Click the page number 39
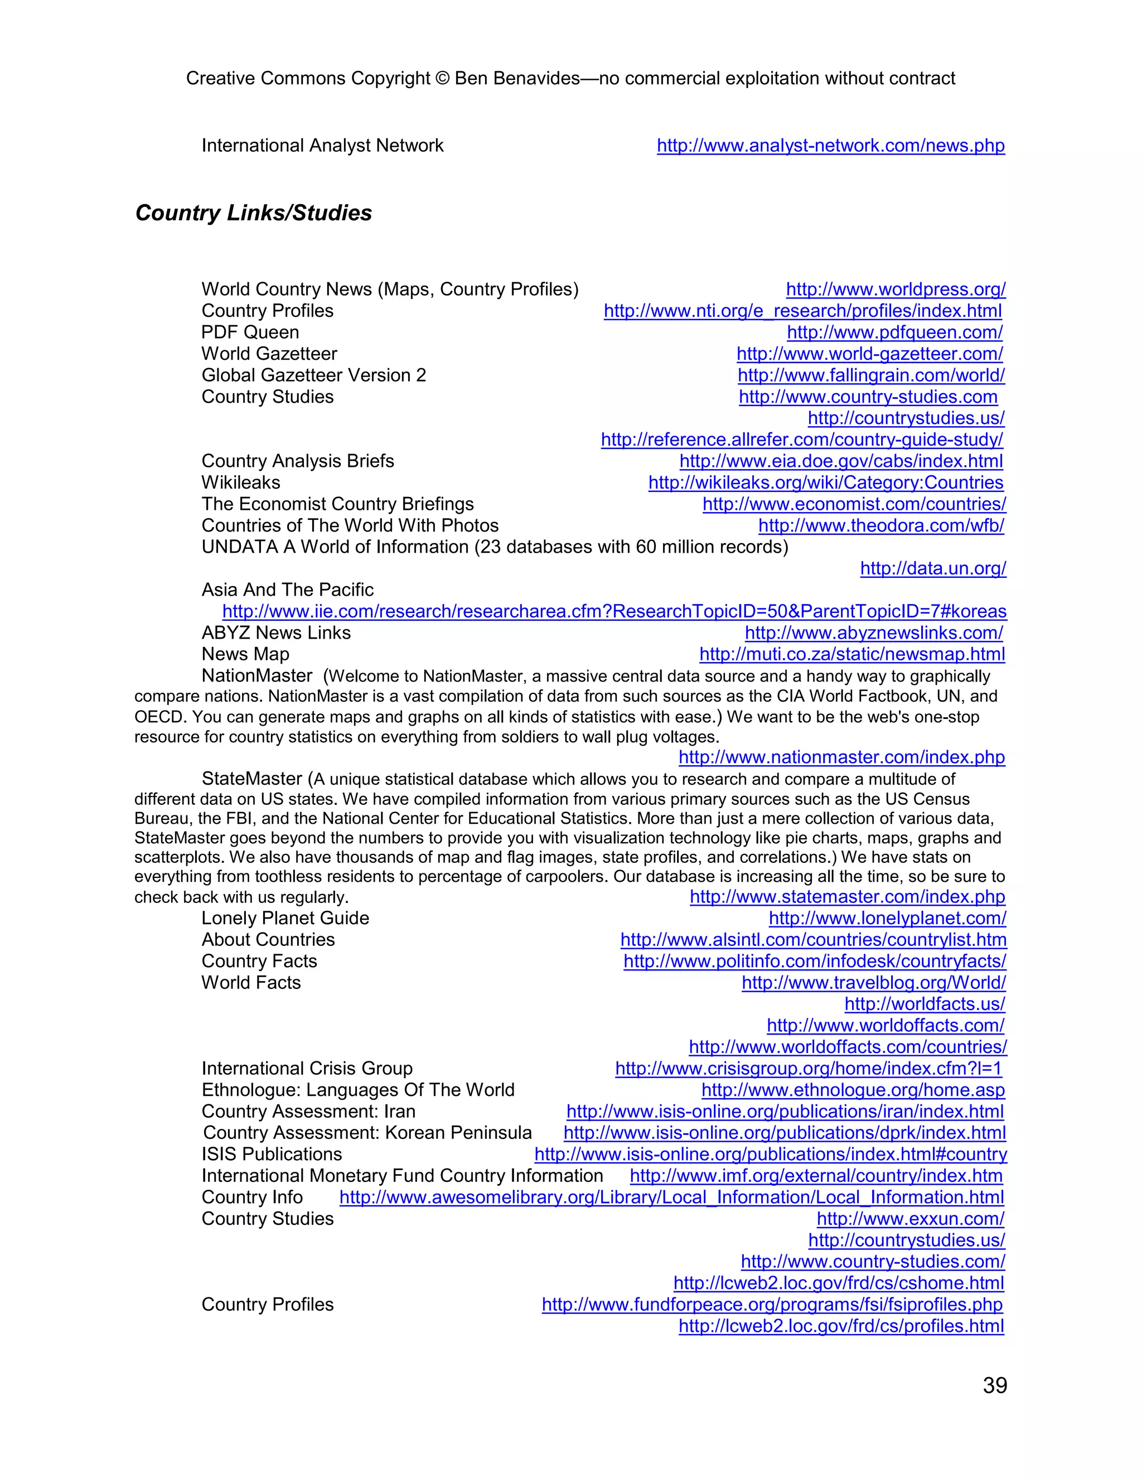tap(995, 1385)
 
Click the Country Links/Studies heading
tap(254, 212)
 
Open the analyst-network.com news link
tap(831, 146)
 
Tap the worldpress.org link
tap(896, 289)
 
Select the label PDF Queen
tap(250, 332)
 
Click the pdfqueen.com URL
tap(894, 332)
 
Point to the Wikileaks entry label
tap(240, 482)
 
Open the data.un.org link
tap(933, 568)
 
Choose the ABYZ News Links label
tap(276, 633)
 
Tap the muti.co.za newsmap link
tap(852, 654)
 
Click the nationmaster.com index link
tap(841, 757)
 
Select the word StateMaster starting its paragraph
tap(251, 779)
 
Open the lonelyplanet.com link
tap(887, 919)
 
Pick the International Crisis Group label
tap(307, 1069)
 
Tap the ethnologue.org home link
tap(853, 1090)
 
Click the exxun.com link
tap(910, 1219)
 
